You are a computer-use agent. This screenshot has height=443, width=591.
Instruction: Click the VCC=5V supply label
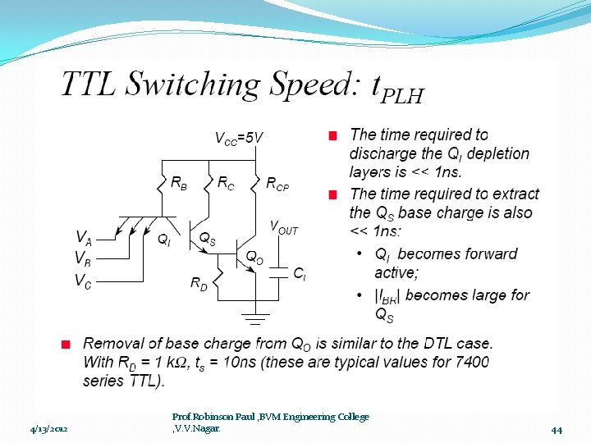(239, 138)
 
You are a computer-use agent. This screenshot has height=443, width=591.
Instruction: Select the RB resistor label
(178, 184)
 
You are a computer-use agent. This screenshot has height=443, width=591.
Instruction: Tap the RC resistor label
(226, 184)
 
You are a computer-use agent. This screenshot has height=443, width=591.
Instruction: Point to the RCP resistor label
(277, 185)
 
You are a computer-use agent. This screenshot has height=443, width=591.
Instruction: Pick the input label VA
(83, 237)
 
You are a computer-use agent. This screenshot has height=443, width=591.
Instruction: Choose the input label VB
(83, 258)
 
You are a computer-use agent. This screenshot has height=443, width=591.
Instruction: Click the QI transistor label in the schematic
(164, 240)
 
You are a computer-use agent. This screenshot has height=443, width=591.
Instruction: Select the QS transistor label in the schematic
(208, 238)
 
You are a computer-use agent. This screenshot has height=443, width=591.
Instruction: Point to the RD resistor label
(199, 284)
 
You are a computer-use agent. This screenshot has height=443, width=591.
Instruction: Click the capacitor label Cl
(300, 273)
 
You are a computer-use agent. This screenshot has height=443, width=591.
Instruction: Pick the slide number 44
(556, 429)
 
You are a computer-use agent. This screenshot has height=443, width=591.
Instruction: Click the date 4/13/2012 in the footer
(49, 429)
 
